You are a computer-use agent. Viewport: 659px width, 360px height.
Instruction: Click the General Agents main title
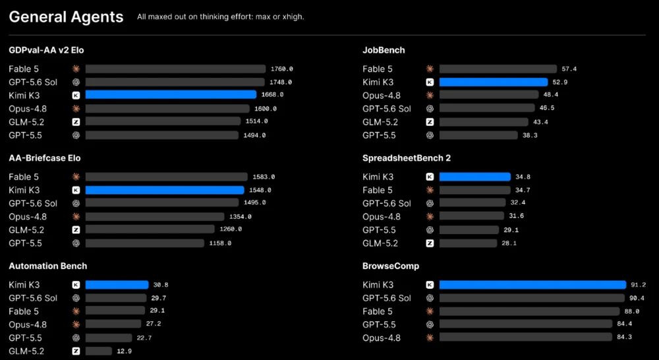[66, 17]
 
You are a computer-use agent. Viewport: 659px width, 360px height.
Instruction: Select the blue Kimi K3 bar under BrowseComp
[533, 285]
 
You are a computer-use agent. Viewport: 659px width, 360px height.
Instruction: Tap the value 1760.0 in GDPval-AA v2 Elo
[282, 69]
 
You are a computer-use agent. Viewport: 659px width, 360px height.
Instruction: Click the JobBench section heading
[384, 50]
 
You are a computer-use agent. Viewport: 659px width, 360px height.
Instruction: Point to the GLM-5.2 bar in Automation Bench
[99, 351]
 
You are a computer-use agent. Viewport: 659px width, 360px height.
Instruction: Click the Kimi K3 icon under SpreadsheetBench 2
[430, 177]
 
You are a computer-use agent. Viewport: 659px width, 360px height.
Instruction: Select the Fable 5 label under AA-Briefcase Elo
[24, 177]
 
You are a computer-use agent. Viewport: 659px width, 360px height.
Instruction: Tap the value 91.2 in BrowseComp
[639, 285]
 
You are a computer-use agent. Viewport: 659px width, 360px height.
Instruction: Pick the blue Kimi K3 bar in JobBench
[494, 82]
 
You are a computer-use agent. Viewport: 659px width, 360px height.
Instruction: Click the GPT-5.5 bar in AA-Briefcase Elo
[145, 243]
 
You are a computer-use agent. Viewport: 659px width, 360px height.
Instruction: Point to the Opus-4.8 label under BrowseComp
[382, 338]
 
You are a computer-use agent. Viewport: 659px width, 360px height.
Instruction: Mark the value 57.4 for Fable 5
[569, 69]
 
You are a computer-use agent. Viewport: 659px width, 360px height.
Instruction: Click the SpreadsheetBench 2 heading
[407, 158]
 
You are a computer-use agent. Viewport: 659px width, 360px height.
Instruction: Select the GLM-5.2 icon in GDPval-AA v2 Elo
[76, 122]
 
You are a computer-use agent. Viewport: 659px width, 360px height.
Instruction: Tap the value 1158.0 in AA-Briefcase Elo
[220, 243]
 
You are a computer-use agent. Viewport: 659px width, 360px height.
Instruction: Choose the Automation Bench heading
[48, 266]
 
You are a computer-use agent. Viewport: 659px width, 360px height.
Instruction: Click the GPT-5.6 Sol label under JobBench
[387, 109]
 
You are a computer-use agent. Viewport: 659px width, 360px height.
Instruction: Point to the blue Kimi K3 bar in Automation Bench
[117, 285]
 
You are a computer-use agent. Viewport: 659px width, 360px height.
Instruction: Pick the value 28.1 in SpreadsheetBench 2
[509, 243]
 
